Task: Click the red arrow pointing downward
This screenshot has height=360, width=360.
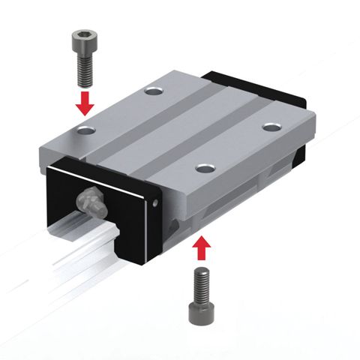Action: [85, 102]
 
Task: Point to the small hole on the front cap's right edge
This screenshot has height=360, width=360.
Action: [154, 201]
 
